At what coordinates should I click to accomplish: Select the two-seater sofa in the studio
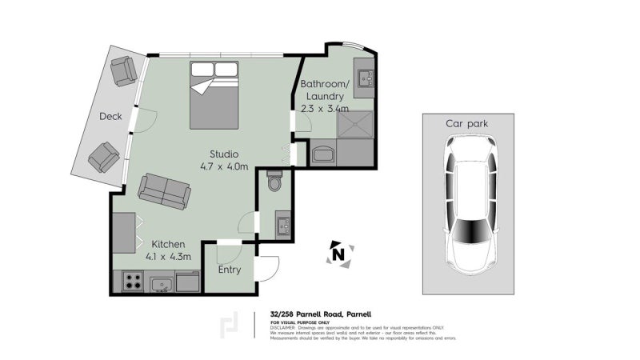[x=164, y=190]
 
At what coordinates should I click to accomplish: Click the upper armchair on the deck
[x=125, y=70]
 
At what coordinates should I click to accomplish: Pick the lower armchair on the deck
[x=104, y=156]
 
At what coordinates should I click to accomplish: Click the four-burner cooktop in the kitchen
[x=133, y=282]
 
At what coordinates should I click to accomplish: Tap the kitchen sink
[x=163, y=283]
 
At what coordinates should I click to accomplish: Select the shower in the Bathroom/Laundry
[x=354, y=124]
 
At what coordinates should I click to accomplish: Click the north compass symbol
[x=338, y=254]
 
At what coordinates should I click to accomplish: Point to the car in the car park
[x=470, y=202]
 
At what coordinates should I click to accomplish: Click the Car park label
[x=467, y=123]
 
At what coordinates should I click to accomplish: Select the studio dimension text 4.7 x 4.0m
[x=224, y=166]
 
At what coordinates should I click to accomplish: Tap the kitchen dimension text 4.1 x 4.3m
[x=169, y=257]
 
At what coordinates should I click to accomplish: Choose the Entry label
[x=230, y=270]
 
